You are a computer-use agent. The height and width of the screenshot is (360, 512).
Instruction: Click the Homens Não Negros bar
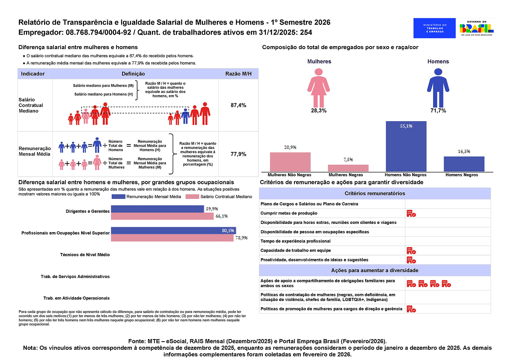click(406, 146)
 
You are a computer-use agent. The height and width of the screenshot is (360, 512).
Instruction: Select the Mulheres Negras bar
click(348, 168)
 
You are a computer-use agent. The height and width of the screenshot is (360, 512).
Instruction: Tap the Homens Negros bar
click(464, 164)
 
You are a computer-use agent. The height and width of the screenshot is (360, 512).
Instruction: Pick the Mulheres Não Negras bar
click(290, 162)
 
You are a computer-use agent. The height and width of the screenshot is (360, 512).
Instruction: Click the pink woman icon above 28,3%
click(319, 88)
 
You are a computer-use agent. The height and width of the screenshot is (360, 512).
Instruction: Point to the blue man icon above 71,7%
click(438, 88)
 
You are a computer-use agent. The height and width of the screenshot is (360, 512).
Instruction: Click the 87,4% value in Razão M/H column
click(238, 105)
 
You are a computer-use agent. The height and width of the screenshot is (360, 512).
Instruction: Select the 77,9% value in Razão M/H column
click(238, 154)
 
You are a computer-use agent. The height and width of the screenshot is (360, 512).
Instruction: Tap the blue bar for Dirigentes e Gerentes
click(157, 209)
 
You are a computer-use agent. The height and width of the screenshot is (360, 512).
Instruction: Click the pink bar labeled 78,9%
click(172, 238)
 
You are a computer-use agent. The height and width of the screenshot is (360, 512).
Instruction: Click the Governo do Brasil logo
click(477, 28)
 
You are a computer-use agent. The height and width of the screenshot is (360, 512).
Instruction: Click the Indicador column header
click(33, 74)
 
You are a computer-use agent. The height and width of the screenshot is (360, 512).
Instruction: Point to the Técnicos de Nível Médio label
click(86, 255)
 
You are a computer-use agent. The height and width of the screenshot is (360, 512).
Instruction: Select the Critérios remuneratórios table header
click(375, 193)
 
